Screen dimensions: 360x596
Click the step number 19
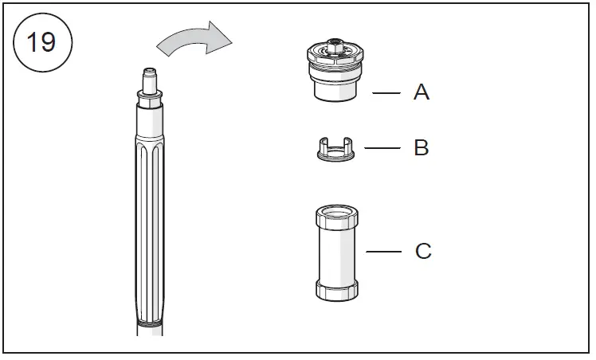click(x=42, y=41)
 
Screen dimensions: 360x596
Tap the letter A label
click(x=422, y=92)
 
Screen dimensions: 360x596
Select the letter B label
click(x=422, y=148)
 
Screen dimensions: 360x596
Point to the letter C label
click(x=423, y=252)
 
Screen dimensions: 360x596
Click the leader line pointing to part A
click(x=386, y=93)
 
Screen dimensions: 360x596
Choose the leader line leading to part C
click(x=384, y=252)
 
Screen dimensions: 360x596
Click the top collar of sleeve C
click(x=335, y=216)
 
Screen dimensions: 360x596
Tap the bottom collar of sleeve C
click(x=335, y=290)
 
